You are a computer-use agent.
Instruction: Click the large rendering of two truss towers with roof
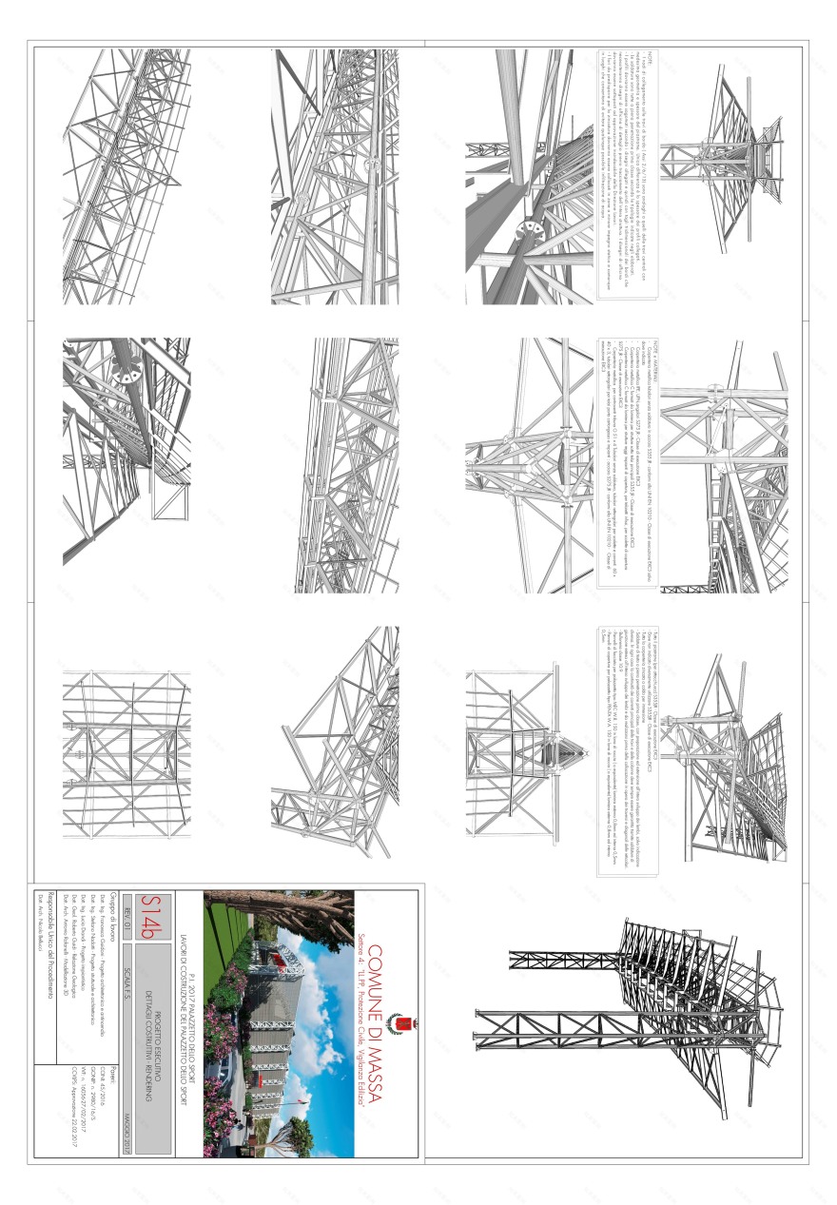point(628,1022)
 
